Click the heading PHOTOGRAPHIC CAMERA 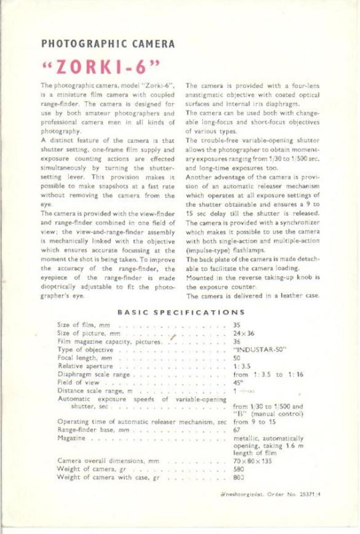[x=108, y=44]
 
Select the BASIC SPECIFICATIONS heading [x=181, y=312]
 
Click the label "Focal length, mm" [x=85, y=358]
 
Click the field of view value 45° [x=238, y=382]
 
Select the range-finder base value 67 [x=237, y=430]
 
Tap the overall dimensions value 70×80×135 [x=253, y=461]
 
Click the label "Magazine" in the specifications [x=72, y=438]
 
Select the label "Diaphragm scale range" [x=94, y=374]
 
